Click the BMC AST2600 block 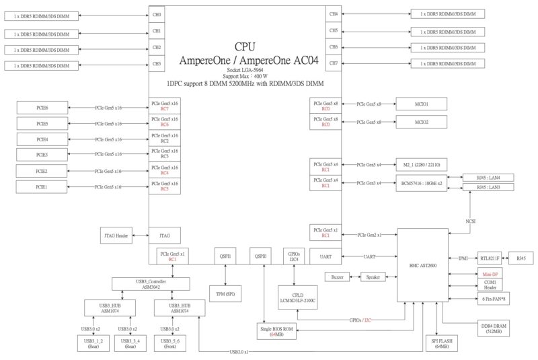point(422,265)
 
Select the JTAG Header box point(115,236)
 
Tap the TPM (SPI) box point(225,295)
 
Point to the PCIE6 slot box point(42,107)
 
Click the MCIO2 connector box point(421,122)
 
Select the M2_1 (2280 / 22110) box point(421,165)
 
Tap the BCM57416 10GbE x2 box point(421,183)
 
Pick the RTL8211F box point(490,258)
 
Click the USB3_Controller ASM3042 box point(151,284)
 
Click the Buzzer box point(338,277)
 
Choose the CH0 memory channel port point(156,14)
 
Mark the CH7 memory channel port point(334,64)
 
